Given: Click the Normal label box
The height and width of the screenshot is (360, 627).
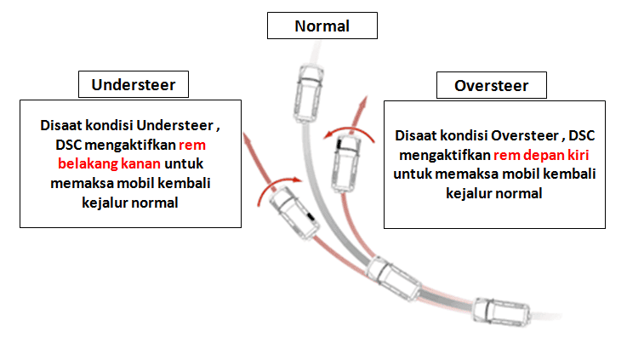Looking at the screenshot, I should [x=322, y=26].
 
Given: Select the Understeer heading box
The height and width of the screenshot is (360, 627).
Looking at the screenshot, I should [x=133, y=85].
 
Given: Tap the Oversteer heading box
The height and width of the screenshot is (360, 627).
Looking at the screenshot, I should [x=491, y=86].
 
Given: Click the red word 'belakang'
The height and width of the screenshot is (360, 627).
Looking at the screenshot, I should [x=88, y=163].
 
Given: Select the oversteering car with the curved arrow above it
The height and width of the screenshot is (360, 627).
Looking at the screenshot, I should [x=347, y=157].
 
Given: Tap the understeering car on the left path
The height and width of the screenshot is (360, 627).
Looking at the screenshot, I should [x=287, y=210].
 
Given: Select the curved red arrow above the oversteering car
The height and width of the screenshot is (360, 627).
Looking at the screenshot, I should [x=349, y=131].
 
